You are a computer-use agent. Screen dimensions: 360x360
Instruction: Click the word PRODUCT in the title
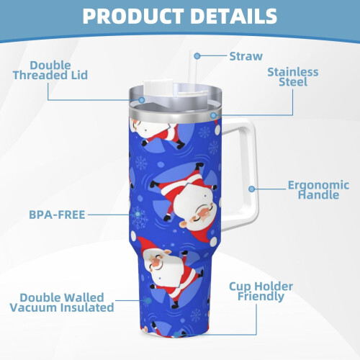pyautogui.click(x=133, y=16)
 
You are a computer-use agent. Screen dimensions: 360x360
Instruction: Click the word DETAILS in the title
pyautogui.click(x=234, y=16)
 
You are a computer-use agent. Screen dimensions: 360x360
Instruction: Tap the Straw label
pyautogui.click(x=246, y=56)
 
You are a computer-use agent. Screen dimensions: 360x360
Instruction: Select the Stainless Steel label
pyautogui.click(x=293, y=77)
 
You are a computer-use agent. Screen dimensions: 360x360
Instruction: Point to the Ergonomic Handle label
pyautogui.click(x=318, y=190)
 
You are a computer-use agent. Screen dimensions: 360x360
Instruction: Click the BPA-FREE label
pyautogui.click(x=57, y=215)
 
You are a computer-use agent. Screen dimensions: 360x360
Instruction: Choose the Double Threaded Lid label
pyautogui.click(x=50, y=70)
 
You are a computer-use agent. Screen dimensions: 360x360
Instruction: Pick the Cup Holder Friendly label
pyautogui.click(x=261, y=291)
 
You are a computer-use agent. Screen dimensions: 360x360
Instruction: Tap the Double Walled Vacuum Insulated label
pyautogui.click(x=62, y=302)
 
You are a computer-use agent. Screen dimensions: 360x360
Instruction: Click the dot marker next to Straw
pyautogui.click(x=197, y=56)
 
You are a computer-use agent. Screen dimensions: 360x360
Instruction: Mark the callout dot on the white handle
pyautogui.click(x=251, y=189)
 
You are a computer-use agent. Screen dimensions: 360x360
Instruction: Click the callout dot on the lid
pyautogui.click(x=142, y=100)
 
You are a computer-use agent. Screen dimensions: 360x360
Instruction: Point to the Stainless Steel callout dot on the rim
pyautogui.click(x=213, y=115)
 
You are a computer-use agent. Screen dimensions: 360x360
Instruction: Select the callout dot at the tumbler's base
pyautogui.click(x=176, y=335)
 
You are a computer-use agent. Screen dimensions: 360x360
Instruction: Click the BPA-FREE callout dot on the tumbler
pyautogui.click(x=138, y=214)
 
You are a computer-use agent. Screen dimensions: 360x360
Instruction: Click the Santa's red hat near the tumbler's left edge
pyautogui.click(x=141, y=243)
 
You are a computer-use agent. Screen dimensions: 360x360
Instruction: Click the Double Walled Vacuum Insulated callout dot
pyautogui.click(x=148, y=300)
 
